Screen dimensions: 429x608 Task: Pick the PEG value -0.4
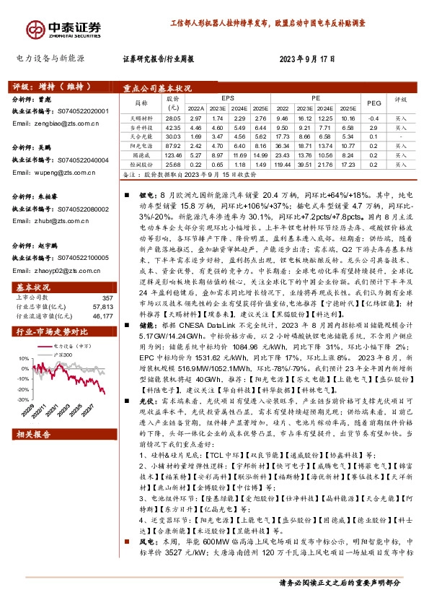373,117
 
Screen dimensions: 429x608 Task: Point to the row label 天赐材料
140,117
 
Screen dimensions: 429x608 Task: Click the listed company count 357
108,277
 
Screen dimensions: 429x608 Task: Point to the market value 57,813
104,286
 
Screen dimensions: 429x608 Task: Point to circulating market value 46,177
104,295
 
